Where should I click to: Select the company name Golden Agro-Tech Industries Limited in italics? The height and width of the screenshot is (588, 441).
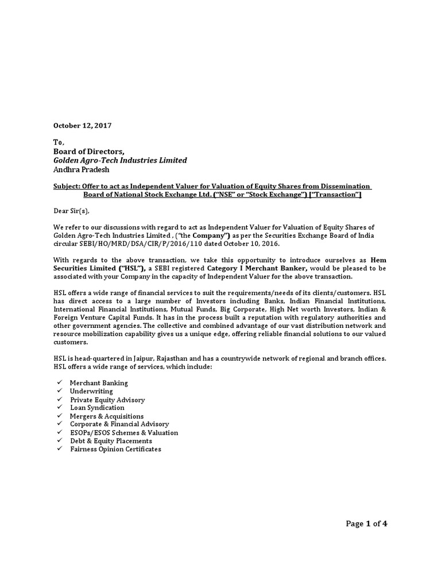(x=120, y=160)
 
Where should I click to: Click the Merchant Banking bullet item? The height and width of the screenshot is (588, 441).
(x=99, y=382)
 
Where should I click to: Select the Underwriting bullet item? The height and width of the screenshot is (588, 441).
(x=91, y=391)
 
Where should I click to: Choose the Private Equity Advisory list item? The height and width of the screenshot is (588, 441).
(x=107, y=399)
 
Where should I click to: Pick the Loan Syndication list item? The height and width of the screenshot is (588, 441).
(x=97, y=408)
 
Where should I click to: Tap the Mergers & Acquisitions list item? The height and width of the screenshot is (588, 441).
(x=107, y=416)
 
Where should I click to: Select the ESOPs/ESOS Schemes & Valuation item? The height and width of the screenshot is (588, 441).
(x=124, y=432)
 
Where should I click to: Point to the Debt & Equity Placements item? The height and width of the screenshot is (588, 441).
(x=111, y=441)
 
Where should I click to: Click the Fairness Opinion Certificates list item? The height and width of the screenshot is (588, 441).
(x=115, y=449)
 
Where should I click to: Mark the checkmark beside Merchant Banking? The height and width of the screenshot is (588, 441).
(x=59, y=382)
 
